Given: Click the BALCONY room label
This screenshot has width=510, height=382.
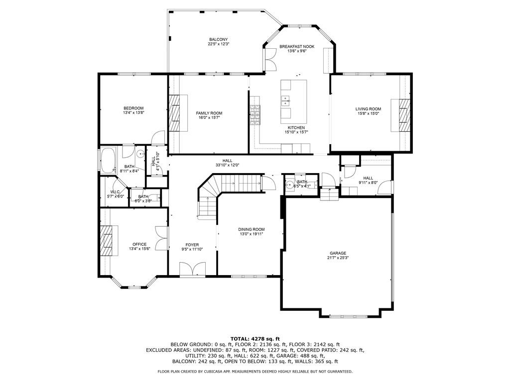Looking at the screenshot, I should [x=218, y=39].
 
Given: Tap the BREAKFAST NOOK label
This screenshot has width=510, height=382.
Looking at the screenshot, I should [x=297, y=46].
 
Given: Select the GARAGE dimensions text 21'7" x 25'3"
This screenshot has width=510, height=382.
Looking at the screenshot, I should [x=337, y=258].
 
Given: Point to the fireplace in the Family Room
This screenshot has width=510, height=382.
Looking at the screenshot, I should [x=174, y=112].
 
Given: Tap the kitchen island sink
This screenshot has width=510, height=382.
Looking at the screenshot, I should [x=286, y=100].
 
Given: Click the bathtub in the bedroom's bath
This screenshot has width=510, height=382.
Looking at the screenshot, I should [x=107, y=161].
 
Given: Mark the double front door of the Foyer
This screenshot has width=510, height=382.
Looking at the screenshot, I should [x=192, y=270].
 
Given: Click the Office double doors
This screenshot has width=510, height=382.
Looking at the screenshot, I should [x=160, y=238].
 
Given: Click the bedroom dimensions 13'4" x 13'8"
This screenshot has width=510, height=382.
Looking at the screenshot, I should [x=133, y=113].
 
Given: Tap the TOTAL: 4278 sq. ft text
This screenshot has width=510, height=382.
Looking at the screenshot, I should [x=255, y=338].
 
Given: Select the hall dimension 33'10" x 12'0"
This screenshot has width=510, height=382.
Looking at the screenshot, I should [x=227, y=165].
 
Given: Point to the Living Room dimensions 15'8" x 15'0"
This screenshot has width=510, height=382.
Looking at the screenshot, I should [x=368, y=113].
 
